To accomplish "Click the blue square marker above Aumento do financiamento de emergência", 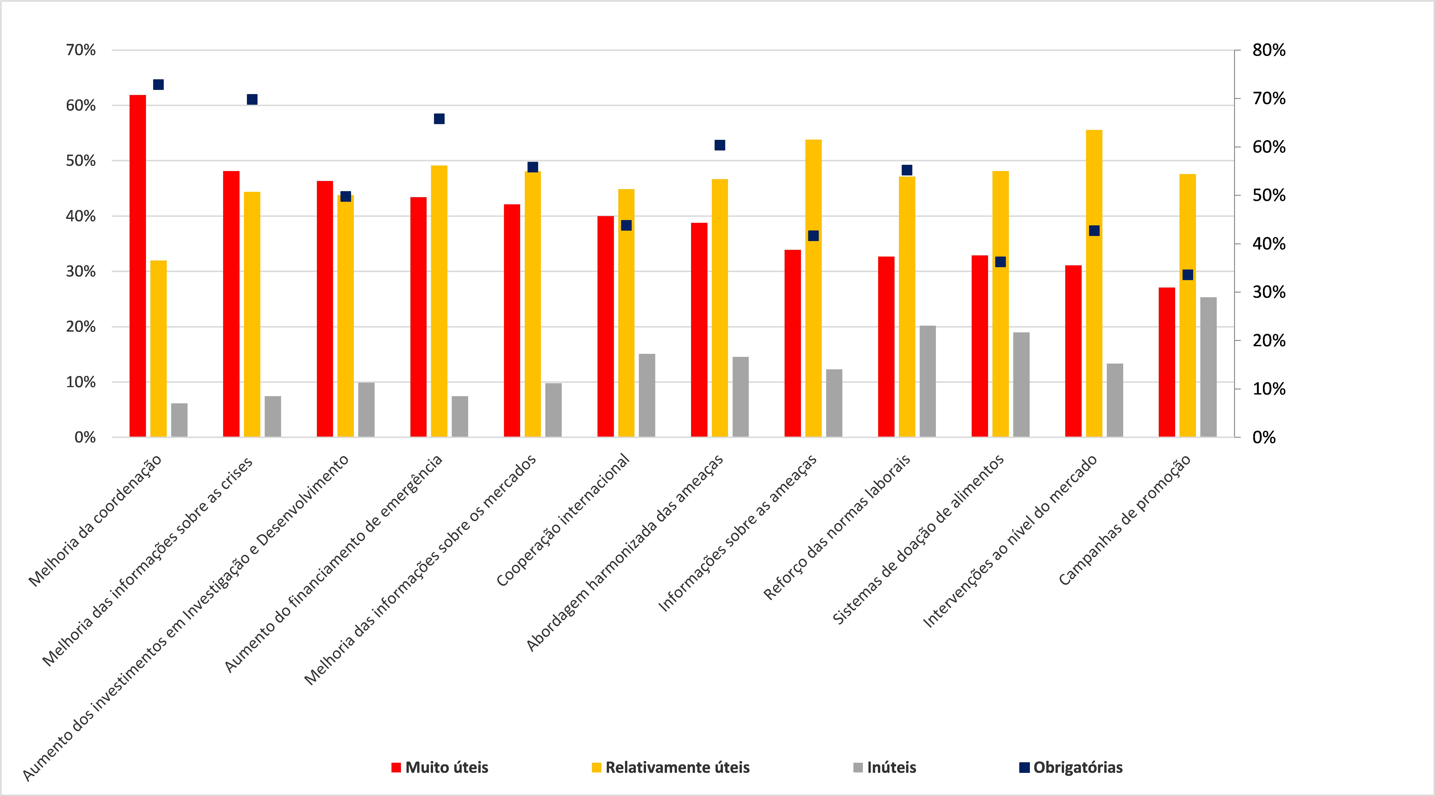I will (439, 119).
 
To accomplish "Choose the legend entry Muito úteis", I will (440, 768).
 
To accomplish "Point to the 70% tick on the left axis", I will (81, 50).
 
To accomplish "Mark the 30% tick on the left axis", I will (81, 272).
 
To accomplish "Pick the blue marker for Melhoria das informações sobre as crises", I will (252, 99).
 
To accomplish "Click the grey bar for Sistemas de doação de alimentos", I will (1021, 385).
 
